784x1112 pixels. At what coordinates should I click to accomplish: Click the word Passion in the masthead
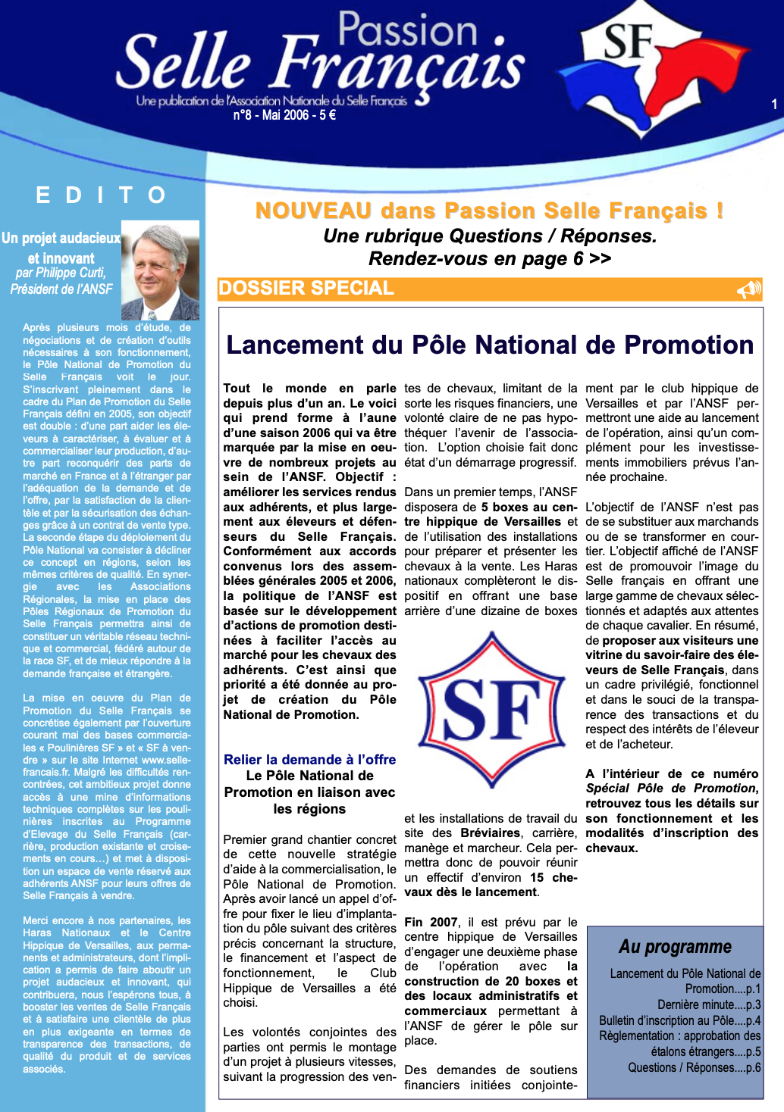pos(408,30)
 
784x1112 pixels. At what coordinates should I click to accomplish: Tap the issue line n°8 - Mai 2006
pos(284,115)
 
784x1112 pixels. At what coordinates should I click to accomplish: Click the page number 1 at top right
pos(774,105)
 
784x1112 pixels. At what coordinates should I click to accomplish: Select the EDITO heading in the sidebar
pos(101,195)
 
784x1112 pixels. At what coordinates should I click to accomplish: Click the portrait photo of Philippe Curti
pos(161,270)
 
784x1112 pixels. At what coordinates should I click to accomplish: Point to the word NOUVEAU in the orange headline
pos(313,211)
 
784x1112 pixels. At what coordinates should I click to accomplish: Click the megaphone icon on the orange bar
pos(748,289)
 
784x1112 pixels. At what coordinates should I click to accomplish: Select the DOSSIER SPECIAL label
pos(306,289)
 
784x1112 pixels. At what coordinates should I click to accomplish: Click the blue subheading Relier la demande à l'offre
pos(309,759)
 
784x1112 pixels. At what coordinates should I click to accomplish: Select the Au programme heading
pos(675,947)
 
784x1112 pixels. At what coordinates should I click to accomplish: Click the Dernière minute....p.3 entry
pos(709,1004)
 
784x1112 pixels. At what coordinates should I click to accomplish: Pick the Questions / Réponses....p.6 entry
pos(694,1067)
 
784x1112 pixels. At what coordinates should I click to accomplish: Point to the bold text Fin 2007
pos(431,922)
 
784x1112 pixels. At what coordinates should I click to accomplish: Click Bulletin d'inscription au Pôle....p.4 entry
pos(679,1020)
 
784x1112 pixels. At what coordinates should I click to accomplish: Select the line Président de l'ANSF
pos(61,289)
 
